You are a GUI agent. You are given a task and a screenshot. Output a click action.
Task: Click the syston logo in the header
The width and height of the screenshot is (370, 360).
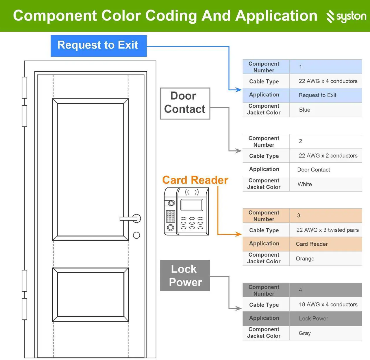[346, 16]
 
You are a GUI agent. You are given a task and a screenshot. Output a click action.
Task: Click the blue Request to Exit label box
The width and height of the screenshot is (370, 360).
[99, 46]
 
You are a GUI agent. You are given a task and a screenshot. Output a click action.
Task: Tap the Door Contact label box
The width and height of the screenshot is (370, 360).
[185, 103]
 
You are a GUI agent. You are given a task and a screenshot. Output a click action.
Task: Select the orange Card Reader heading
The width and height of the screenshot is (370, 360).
[195, 180]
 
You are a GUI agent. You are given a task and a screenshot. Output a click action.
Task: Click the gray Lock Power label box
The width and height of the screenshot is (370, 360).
[185, 275]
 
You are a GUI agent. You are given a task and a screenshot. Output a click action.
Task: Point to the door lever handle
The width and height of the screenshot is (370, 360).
[130, 219]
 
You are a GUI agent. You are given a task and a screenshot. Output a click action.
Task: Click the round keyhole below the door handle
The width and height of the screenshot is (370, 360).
[136, 235]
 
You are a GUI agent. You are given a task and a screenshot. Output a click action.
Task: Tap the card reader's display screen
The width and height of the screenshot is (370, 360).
[192, 205]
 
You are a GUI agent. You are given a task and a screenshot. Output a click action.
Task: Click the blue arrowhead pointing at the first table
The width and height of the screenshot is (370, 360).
[238, 89]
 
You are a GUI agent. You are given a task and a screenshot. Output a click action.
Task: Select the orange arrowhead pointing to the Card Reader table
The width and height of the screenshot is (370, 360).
[238, 234]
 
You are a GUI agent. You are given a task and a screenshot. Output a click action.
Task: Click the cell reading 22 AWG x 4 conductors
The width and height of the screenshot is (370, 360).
[326, 81]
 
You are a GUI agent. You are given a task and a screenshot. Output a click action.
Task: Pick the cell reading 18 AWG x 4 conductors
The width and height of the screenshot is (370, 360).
[326, 304]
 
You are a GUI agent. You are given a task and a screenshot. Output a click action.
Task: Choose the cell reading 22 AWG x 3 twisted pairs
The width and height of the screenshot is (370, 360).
[326, 230]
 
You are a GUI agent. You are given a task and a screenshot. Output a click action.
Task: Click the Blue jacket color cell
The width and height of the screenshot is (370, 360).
[326, 110]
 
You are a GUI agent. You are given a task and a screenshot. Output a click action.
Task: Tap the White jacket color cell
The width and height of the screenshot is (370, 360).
[326, 184]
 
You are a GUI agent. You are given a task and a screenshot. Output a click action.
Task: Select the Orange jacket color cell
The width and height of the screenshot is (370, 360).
[326, 259]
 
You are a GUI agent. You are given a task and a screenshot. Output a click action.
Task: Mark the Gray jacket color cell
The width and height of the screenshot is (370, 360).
[326, 333]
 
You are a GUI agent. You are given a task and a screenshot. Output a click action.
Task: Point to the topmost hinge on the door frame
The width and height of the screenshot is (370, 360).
[24, 88]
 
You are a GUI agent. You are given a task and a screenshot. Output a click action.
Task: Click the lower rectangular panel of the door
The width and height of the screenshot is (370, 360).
[90, 294]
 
